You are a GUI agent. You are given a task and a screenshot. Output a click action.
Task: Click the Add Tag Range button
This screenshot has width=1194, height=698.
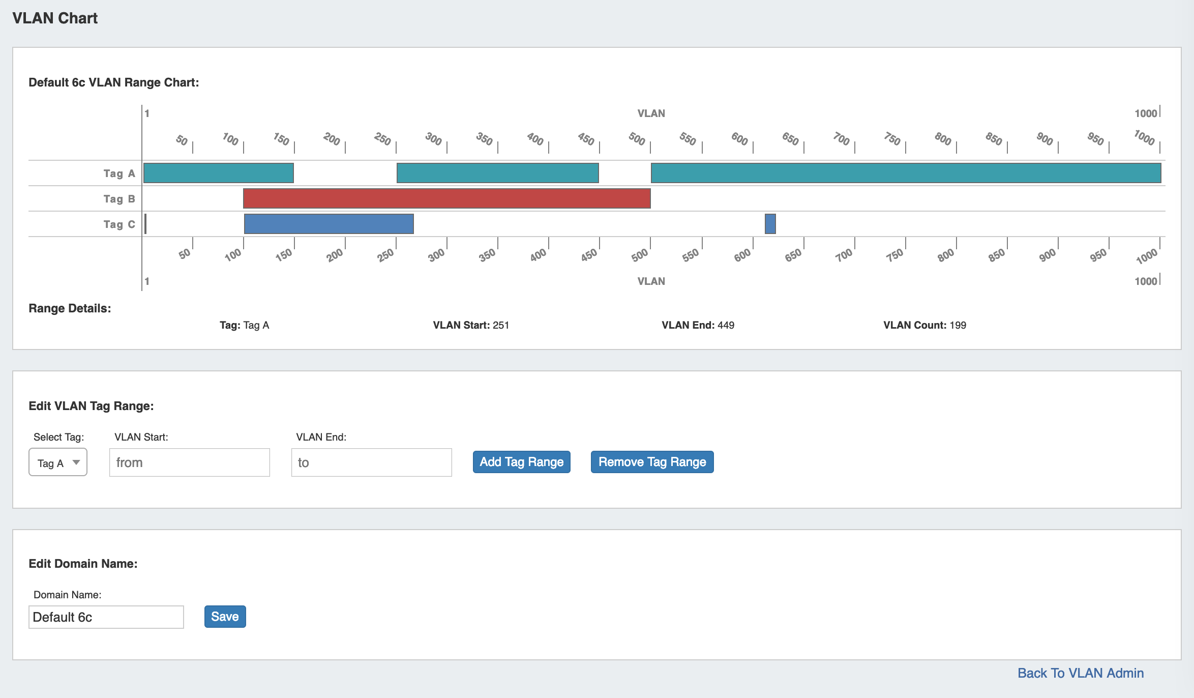tap(521, 462)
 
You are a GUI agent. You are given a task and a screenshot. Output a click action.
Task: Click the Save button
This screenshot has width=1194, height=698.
tap(225, 617)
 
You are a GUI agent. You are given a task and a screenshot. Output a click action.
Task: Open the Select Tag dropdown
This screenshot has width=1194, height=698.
tap(58, 462)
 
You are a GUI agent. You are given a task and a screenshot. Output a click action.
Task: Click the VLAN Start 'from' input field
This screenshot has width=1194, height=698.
tap(189, 462)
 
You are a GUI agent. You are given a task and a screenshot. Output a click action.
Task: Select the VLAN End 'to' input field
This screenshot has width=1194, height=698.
tap(371, 462)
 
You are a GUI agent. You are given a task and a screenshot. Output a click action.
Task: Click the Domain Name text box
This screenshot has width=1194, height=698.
tap(106, 617)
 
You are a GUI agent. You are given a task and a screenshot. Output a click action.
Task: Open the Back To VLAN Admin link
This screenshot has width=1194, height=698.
tap(1080, 673)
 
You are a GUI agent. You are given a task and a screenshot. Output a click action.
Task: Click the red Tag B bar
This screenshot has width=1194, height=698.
tap(446, 198)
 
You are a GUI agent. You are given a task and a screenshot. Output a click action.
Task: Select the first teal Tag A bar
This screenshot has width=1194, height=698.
tap(219, 173)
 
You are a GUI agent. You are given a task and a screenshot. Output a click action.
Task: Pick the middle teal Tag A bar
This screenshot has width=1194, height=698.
tap(497, 173)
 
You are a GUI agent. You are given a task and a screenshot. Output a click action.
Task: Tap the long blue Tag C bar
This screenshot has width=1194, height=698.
tap(329, 224)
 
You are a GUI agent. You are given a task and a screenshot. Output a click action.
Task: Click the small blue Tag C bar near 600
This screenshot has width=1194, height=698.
tap(770, 224)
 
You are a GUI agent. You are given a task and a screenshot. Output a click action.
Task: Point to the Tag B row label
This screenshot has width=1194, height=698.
tap(119, 199)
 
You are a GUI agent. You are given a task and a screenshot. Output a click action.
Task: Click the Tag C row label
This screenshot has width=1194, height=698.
tap(119, 224)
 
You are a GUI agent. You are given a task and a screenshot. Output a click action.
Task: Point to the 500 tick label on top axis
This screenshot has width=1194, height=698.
tap(637, 138)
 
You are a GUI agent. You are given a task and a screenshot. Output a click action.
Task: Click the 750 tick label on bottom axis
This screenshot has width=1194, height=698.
tap(894, 254)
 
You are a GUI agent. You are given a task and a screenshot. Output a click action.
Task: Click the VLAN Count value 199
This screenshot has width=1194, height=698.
tap(958, 325)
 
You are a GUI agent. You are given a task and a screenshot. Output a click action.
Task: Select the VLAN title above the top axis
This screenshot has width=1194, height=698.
tap(651, 113)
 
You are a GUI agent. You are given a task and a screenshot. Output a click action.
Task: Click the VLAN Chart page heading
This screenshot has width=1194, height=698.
tap(55, 18)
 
